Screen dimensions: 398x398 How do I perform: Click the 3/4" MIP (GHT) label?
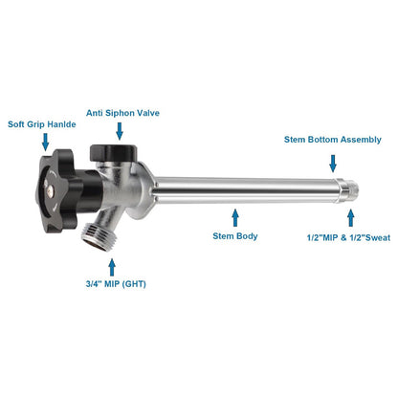(x=111, y=282)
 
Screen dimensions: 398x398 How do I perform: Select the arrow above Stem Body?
(x=236, y=218)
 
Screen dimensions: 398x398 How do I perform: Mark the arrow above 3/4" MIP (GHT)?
(x=111, y=264)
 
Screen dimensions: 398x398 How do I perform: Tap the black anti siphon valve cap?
(x=111, y=150)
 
